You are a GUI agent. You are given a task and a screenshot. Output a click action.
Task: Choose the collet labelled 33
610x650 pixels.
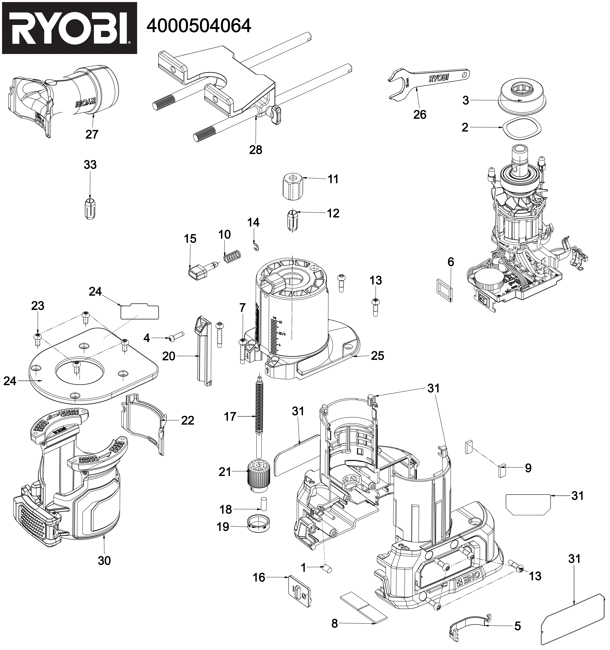point(90,208)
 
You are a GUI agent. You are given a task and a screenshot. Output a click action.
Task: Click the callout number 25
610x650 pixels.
point(377,355)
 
